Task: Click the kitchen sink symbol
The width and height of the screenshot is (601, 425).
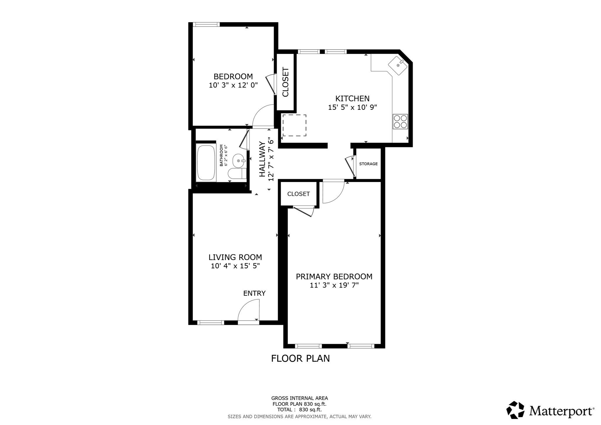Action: pyautogui.click(x=398, y=65)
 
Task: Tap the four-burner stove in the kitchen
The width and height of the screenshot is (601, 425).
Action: pyautogui.click(x=400, y=122)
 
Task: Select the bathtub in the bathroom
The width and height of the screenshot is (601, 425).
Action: pyautogui.click(x=206, y=163)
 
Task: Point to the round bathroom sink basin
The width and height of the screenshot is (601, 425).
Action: pyautogui.click(x=239, y=161)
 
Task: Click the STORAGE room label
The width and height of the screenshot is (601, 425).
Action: pyautogui.click(x=368, y=164)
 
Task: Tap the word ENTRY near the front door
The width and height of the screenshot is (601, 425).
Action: pyautogui.click(x=254, y=293)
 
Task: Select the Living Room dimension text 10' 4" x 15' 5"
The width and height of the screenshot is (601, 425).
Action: pyautogui.click(x=235, y=266)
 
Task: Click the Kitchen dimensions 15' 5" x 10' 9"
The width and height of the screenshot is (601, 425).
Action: pyautogui.click(x=352, y=107)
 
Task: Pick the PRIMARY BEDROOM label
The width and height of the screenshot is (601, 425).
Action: pyautogui.click(x=334, y=276)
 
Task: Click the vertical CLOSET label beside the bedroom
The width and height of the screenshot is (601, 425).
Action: pyautogui.click(x=286, y=82)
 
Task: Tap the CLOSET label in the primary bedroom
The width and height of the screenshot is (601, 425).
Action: pyautogui.click(x=298, y=194)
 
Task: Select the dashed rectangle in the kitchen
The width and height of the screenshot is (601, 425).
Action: pyautogui.click(x=294, y=125)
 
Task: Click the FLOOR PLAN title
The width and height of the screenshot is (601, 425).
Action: pyautogui.click(x=300, y=358)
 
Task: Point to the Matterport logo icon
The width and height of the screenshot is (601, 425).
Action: pyautogui.click(x=515, y=410)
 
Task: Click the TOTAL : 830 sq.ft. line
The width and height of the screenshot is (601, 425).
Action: pyautogui.click(x=299, y=409)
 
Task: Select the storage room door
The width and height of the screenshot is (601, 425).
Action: pyautogui.click(x=350, y=167)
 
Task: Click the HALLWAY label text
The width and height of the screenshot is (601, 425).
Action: pyautogui.click(x=262, y=159)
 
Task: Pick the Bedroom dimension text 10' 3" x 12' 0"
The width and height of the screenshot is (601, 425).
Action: pyautogui.click(x=233, y=85)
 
